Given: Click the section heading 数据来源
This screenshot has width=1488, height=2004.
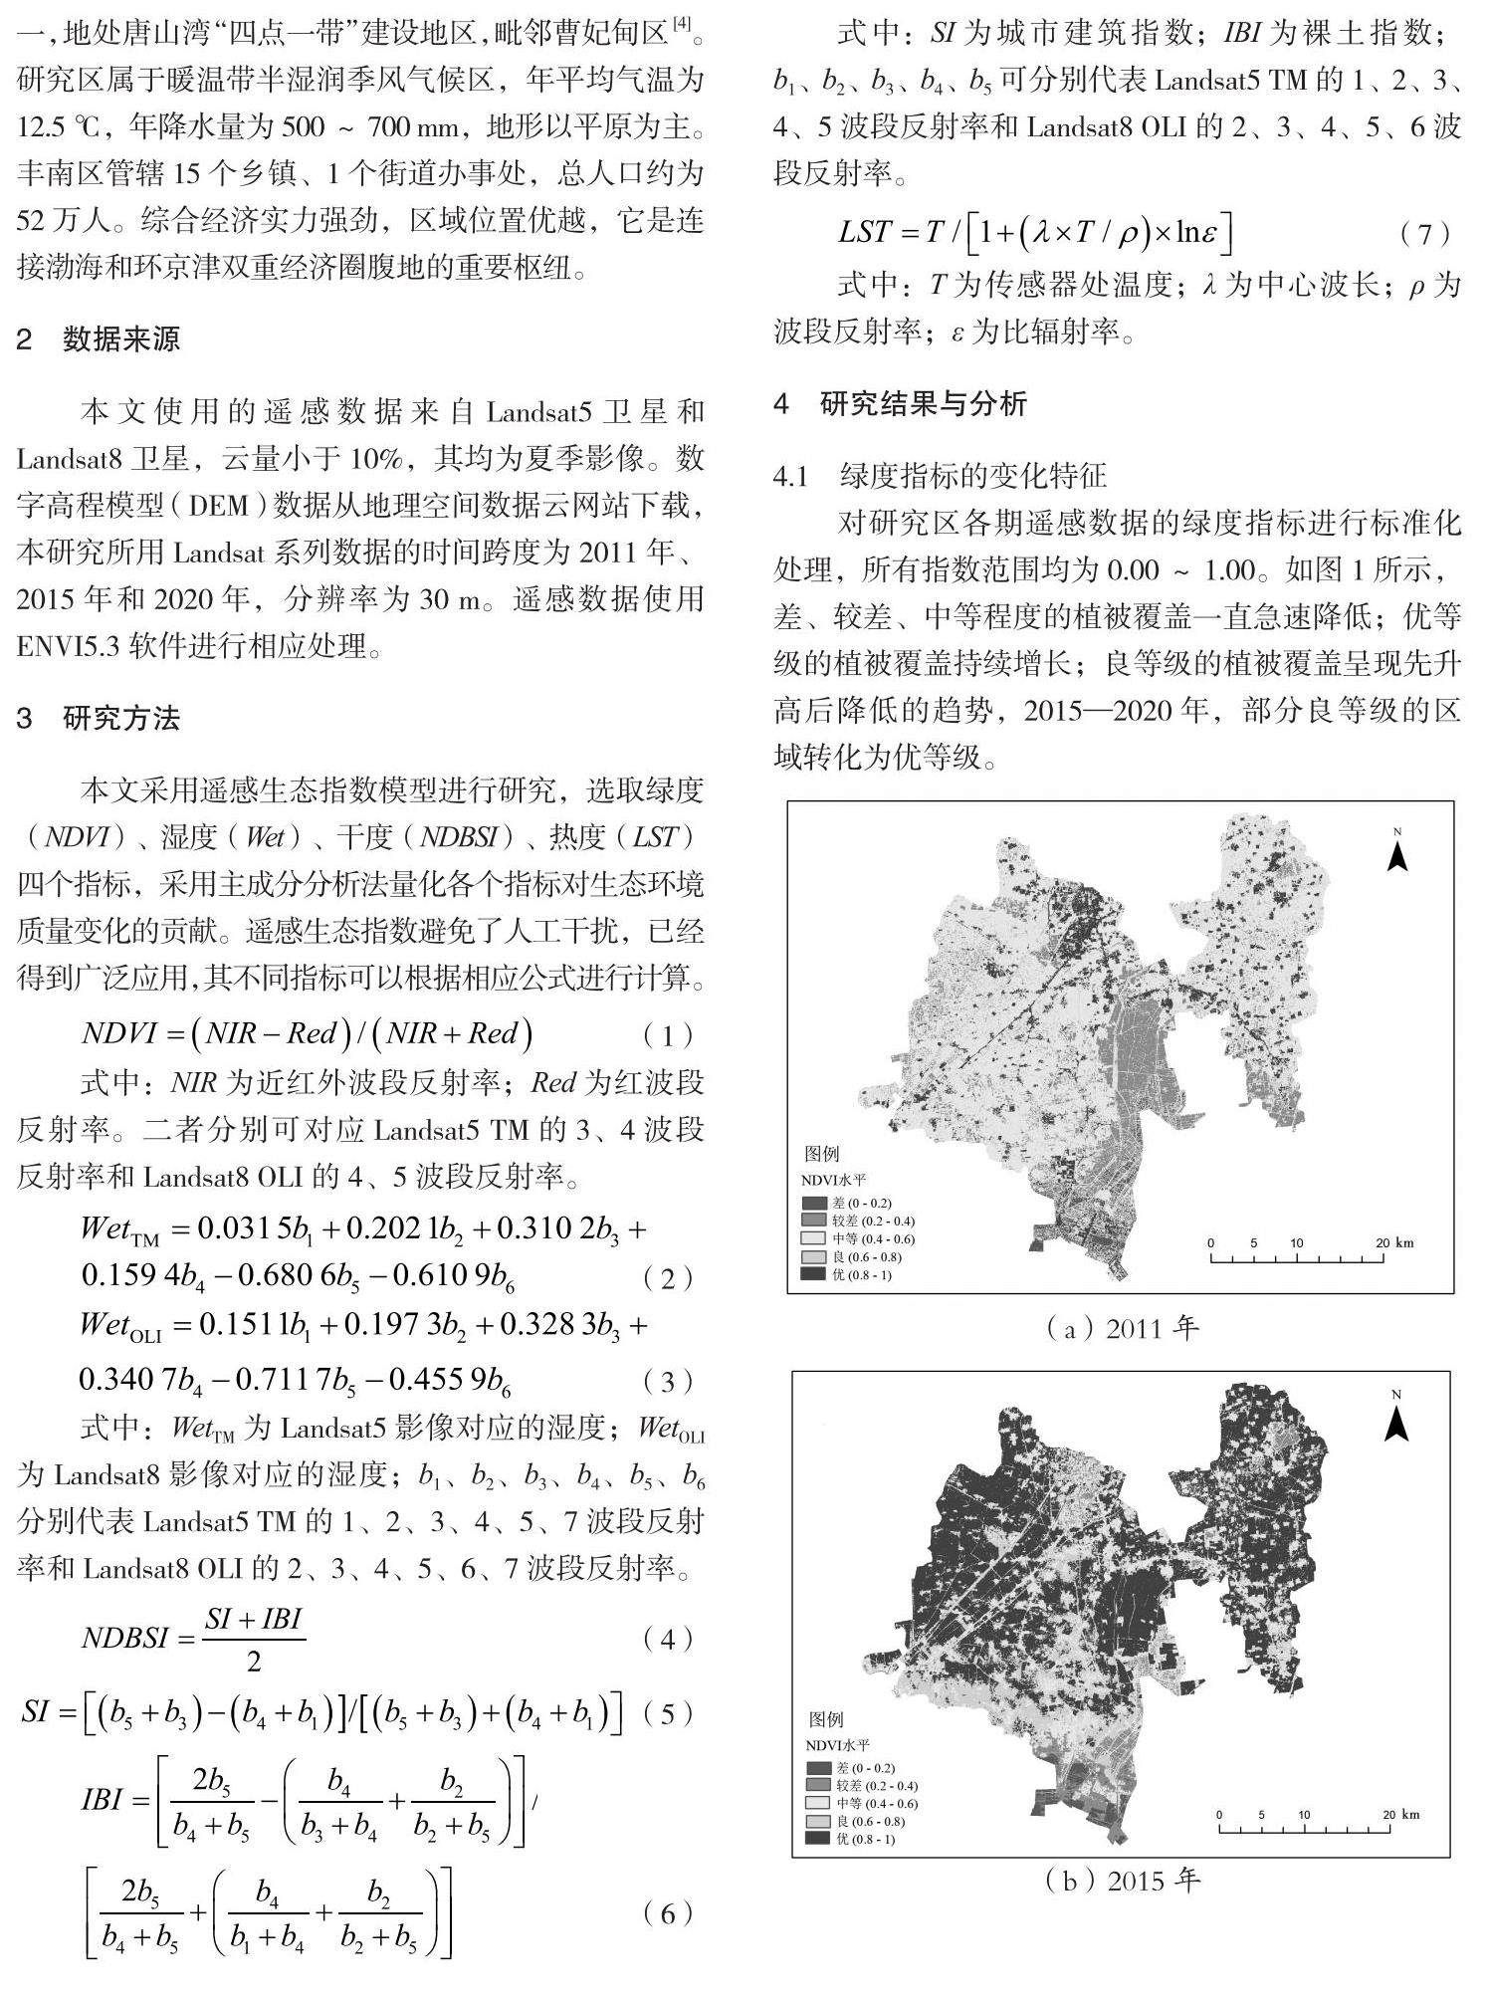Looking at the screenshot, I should click(x=120, y=340).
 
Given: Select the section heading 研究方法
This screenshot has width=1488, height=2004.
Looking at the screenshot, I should click(x=120, y=718).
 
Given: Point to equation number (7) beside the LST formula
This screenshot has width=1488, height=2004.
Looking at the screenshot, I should click(x=1424, y=234).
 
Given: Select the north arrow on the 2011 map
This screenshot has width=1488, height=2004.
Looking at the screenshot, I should click(x=1397, y=851).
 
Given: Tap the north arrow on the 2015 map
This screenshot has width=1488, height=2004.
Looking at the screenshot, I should click(x=1397, y=1422).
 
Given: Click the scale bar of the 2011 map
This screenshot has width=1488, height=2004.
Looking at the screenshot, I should click(x=1298, y=1256).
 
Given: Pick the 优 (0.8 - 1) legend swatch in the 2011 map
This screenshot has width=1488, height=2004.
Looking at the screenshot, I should click(x=815, y=1274).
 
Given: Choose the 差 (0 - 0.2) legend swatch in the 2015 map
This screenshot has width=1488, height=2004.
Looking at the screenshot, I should click(x=820, y=1768).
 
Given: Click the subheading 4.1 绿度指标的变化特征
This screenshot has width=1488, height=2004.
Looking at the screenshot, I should click(x=941, y=476).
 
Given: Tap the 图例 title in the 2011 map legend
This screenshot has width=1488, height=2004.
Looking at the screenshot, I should click(x=822, y=1154).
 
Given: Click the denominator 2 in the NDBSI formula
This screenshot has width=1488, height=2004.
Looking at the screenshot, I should click(x=254, y=1662).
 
